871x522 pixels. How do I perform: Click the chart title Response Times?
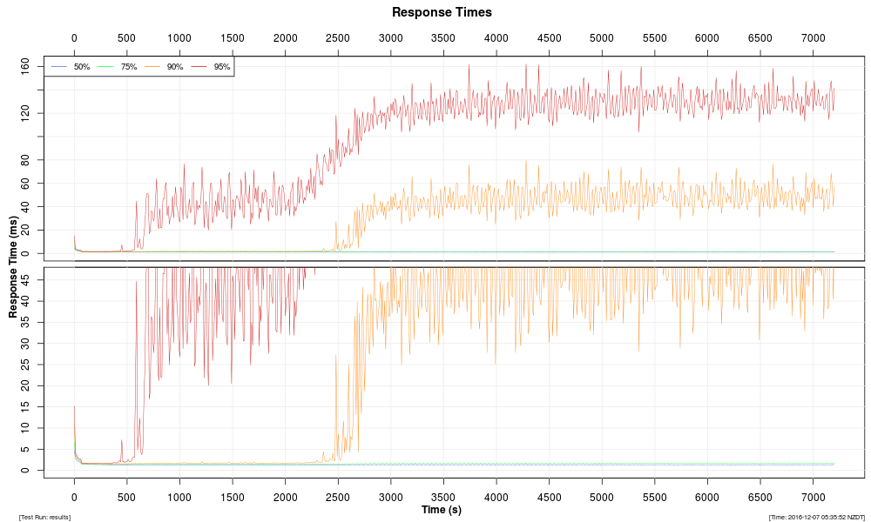(x=442, y=12)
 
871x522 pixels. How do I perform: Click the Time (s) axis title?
(x=442, y=510)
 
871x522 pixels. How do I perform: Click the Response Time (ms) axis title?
(x=14, y=267)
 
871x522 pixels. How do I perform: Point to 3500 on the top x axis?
(x=443, y=38)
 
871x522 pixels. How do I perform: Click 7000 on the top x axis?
(x=813, y=38)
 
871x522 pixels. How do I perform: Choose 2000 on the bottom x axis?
(x=285, y=498)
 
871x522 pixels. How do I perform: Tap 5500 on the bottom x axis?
(x=654, y=498)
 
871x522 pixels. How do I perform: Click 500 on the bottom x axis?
(x=127, y=498)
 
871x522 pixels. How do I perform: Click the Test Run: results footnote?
(x=44, y=518)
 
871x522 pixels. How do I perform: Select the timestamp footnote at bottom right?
(x=816, y=518)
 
